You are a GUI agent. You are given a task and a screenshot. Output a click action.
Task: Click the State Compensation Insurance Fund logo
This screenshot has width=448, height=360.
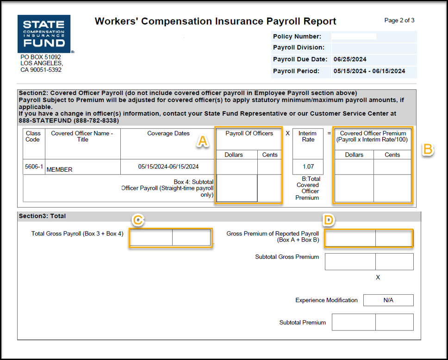(44, 34)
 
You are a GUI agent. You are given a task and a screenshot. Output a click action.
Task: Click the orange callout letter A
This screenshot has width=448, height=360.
(202, 141)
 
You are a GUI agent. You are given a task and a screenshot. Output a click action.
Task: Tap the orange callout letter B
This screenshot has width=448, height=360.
(428, 149)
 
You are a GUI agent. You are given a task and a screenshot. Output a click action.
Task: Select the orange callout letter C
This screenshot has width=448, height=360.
(137, 220)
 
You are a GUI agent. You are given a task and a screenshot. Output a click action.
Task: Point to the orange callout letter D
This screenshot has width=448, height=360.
(329, 220)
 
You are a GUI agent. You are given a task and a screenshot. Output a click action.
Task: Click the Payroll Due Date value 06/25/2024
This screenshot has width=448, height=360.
(350, 59)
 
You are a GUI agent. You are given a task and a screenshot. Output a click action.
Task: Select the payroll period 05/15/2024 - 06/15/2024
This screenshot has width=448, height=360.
(369, 71)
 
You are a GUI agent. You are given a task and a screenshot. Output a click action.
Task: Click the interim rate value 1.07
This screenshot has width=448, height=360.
(308, 167)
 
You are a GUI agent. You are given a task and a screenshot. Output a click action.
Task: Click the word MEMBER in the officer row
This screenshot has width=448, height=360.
(60, 170)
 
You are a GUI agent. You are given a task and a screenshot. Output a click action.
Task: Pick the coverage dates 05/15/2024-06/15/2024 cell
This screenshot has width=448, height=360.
(168, 167)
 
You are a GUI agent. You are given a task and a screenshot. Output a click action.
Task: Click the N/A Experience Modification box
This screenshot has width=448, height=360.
(388, 300)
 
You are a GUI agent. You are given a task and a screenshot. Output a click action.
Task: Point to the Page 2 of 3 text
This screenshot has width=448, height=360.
(399, 20)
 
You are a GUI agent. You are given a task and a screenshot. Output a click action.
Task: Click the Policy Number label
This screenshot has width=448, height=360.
(297, 37)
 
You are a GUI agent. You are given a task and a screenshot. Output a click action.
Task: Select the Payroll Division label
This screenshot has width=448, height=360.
(299, 48)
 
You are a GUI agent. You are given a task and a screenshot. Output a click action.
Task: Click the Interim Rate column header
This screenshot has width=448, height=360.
(308, 136)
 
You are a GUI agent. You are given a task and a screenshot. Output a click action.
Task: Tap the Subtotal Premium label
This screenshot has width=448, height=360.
(302, 323)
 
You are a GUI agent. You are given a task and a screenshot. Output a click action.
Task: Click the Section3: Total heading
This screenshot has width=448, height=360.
(42, 216)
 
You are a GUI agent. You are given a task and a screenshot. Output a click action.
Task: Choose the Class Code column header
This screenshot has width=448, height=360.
(33, 136)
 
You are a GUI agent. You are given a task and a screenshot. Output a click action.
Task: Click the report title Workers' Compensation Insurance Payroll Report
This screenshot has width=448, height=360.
(215, 21)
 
